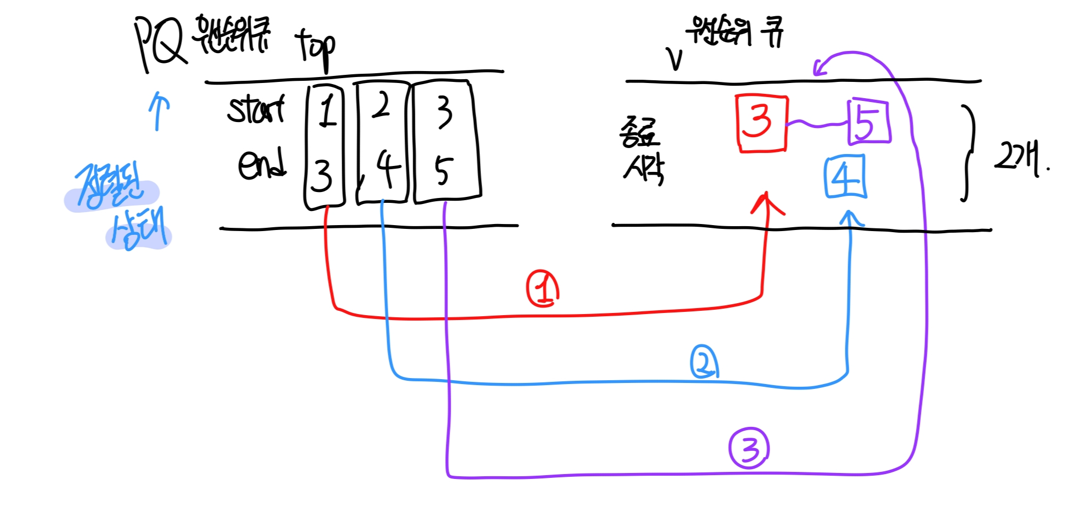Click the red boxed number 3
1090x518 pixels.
[761, 123]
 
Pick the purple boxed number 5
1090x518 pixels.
[869, 122]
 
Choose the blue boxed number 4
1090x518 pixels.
[845, 177]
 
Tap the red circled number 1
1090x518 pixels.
[543, 289]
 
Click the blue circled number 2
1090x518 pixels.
[704, 362]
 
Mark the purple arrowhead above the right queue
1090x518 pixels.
[819, 68]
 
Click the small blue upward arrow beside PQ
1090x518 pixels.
[158, 110]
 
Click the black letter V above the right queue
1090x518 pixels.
[675, 59]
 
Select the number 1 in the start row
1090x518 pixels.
[327, 110]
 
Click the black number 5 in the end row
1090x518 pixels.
[443, 171]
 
